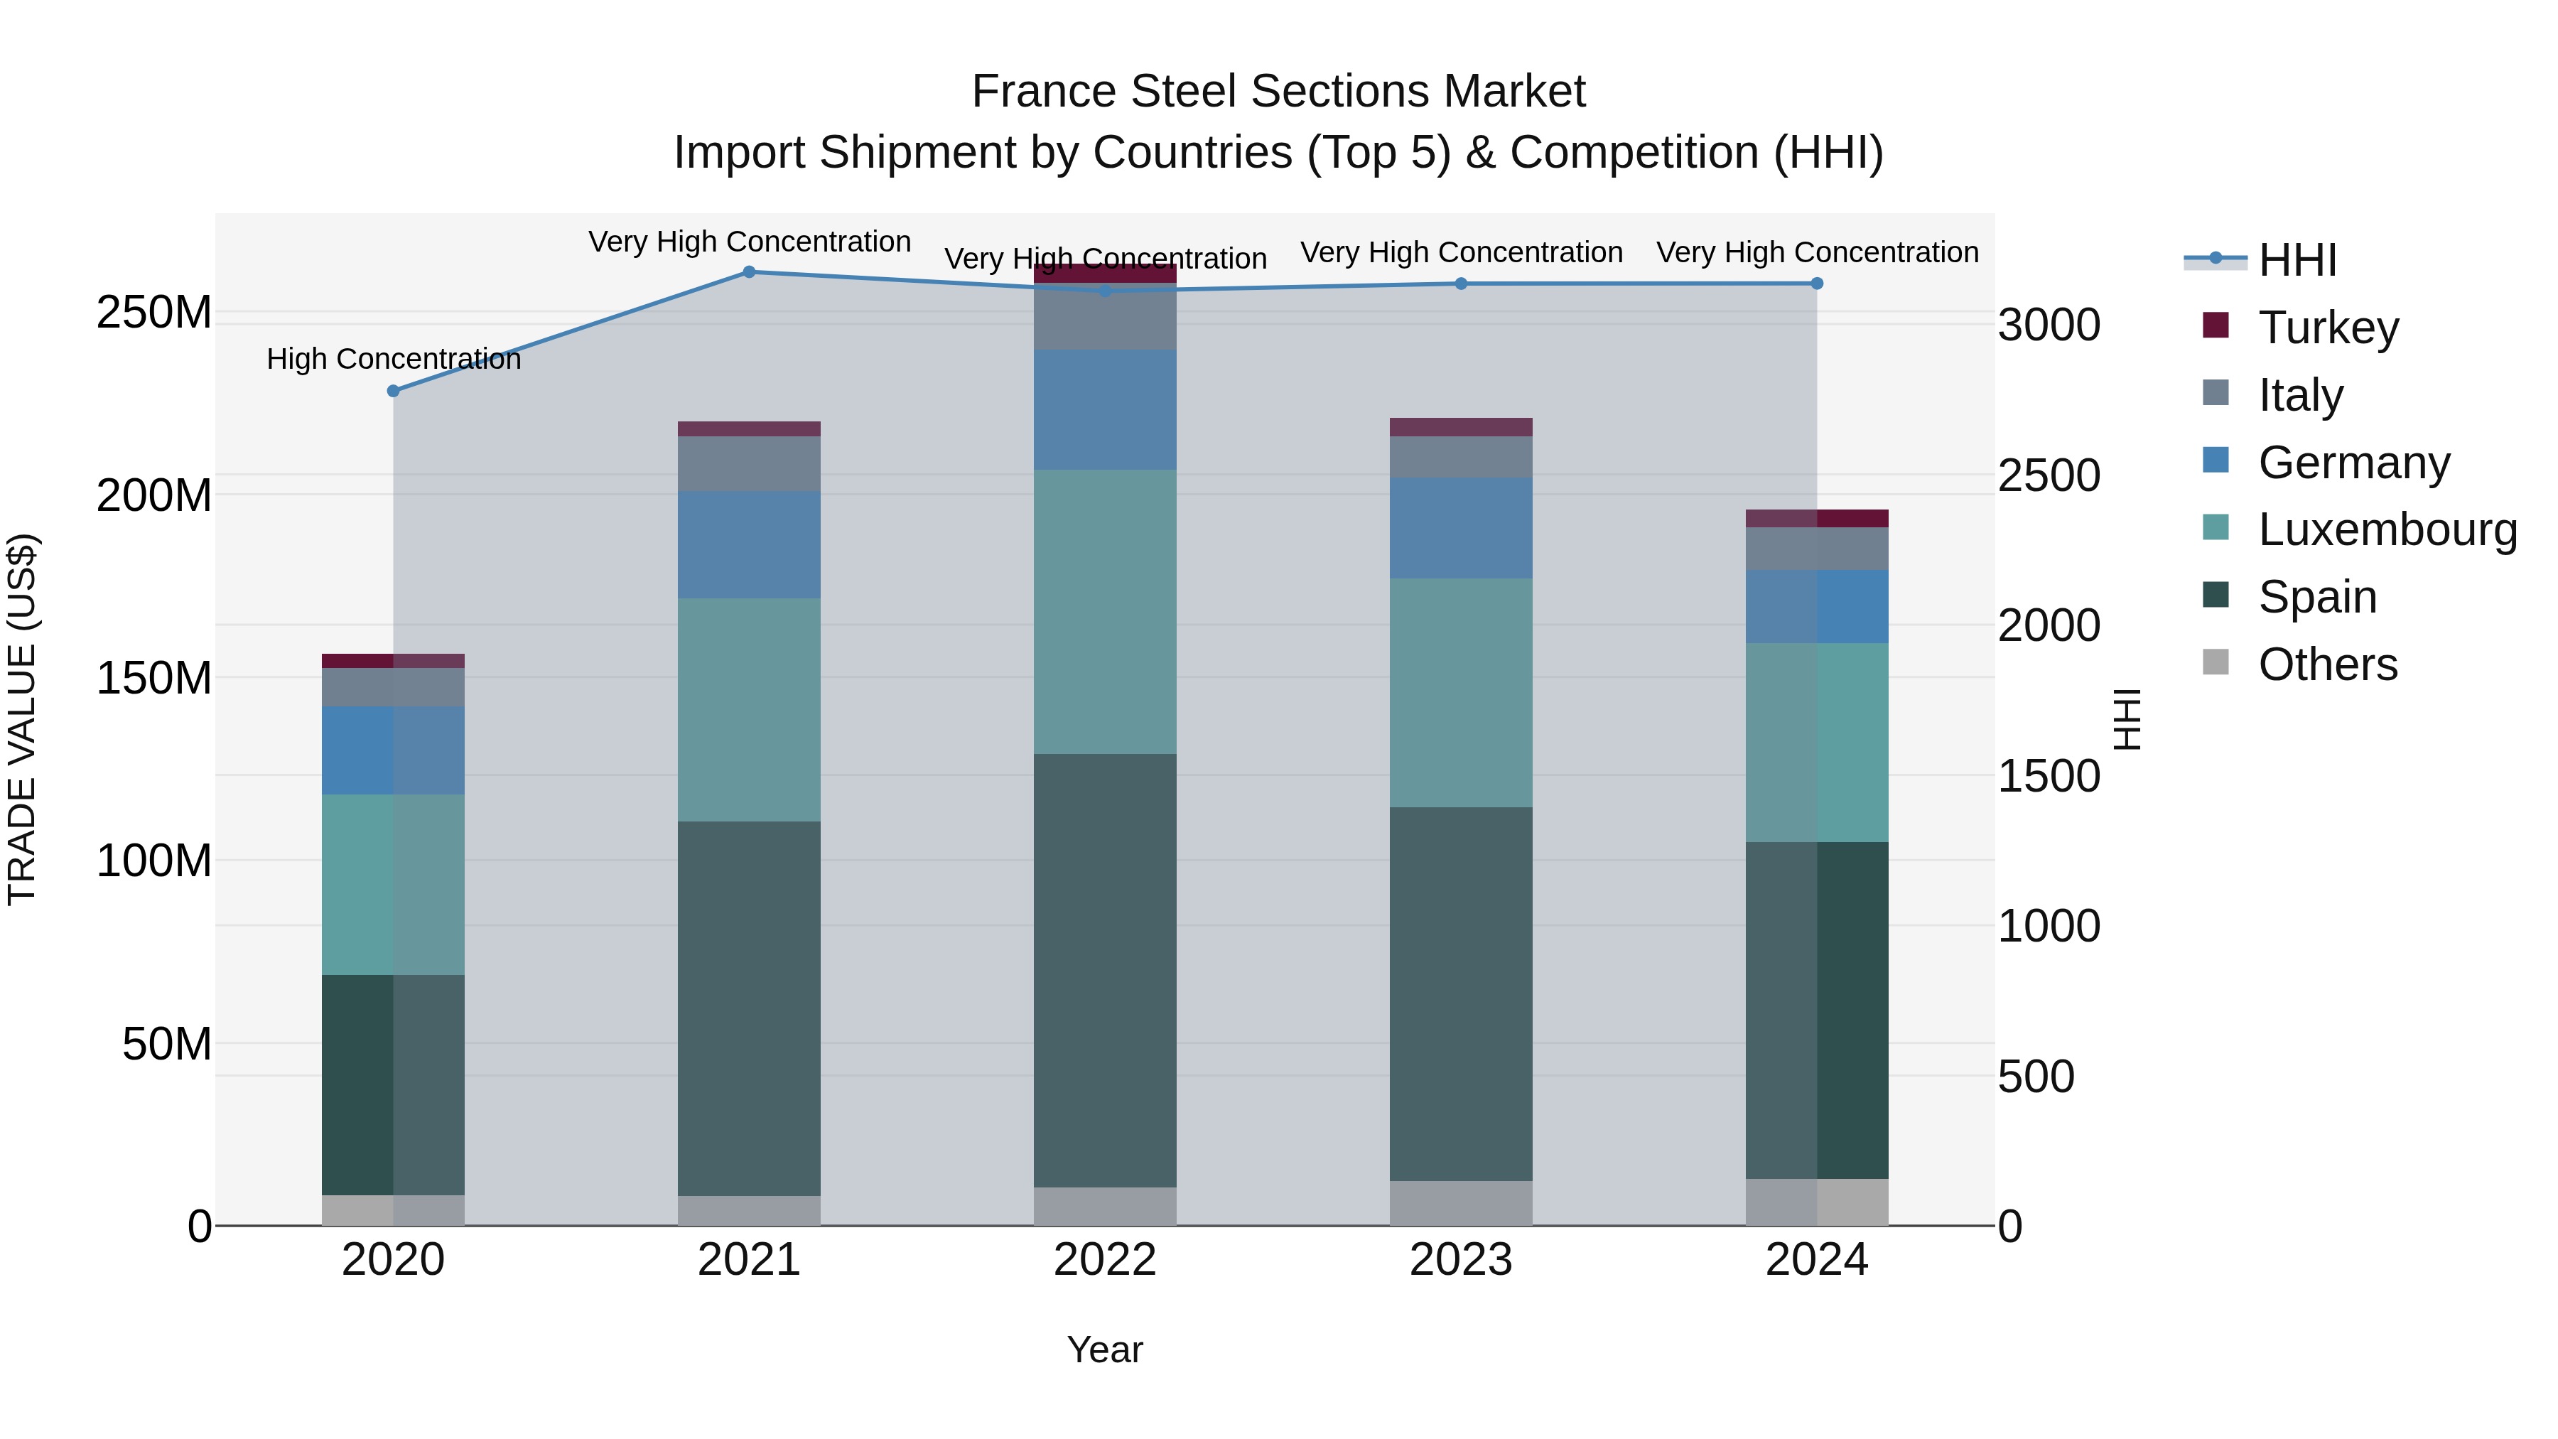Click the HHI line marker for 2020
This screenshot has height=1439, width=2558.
(393, 392)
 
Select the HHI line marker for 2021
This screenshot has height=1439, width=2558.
(749, 272)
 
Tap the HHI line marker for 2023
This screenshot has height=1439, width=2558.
(1461, 284)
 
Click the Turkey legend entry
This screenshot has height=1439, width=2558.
(2328, 328)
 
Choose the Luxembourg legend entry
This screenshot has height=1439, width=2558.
(2387, 529)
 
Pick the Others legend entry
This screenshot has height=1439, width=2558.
(2328, 664)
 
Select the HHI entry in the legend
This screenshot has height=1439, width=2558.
(2297, 260)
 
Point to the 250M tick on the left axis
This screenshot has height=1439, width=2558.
(154, 313)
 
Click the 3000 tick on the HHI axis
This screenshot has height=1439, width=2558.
(2049, 325)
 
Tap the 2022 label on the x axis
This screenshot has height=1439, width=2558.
(1104, 1260)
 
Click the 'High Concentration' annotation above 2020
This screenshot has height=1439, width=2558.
(393, 359)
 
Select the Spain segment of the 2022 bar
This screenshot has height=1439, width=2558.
(1104, 970)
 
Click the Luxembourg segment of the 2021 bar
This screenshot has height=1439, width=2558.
(749, 709)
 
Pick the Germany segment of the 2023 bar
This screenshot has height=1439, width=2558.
(1461, 528)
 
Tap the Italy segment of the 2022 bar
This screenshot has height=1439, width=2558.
(1104, 316)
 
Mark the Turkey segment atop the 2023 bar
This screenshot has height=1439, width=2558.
(1461, 427)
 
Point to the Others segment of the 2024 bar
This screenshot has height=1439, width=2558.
(1816, 1202)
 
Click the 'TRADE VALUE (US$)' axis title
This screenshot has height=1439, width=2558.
(22, 719)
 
